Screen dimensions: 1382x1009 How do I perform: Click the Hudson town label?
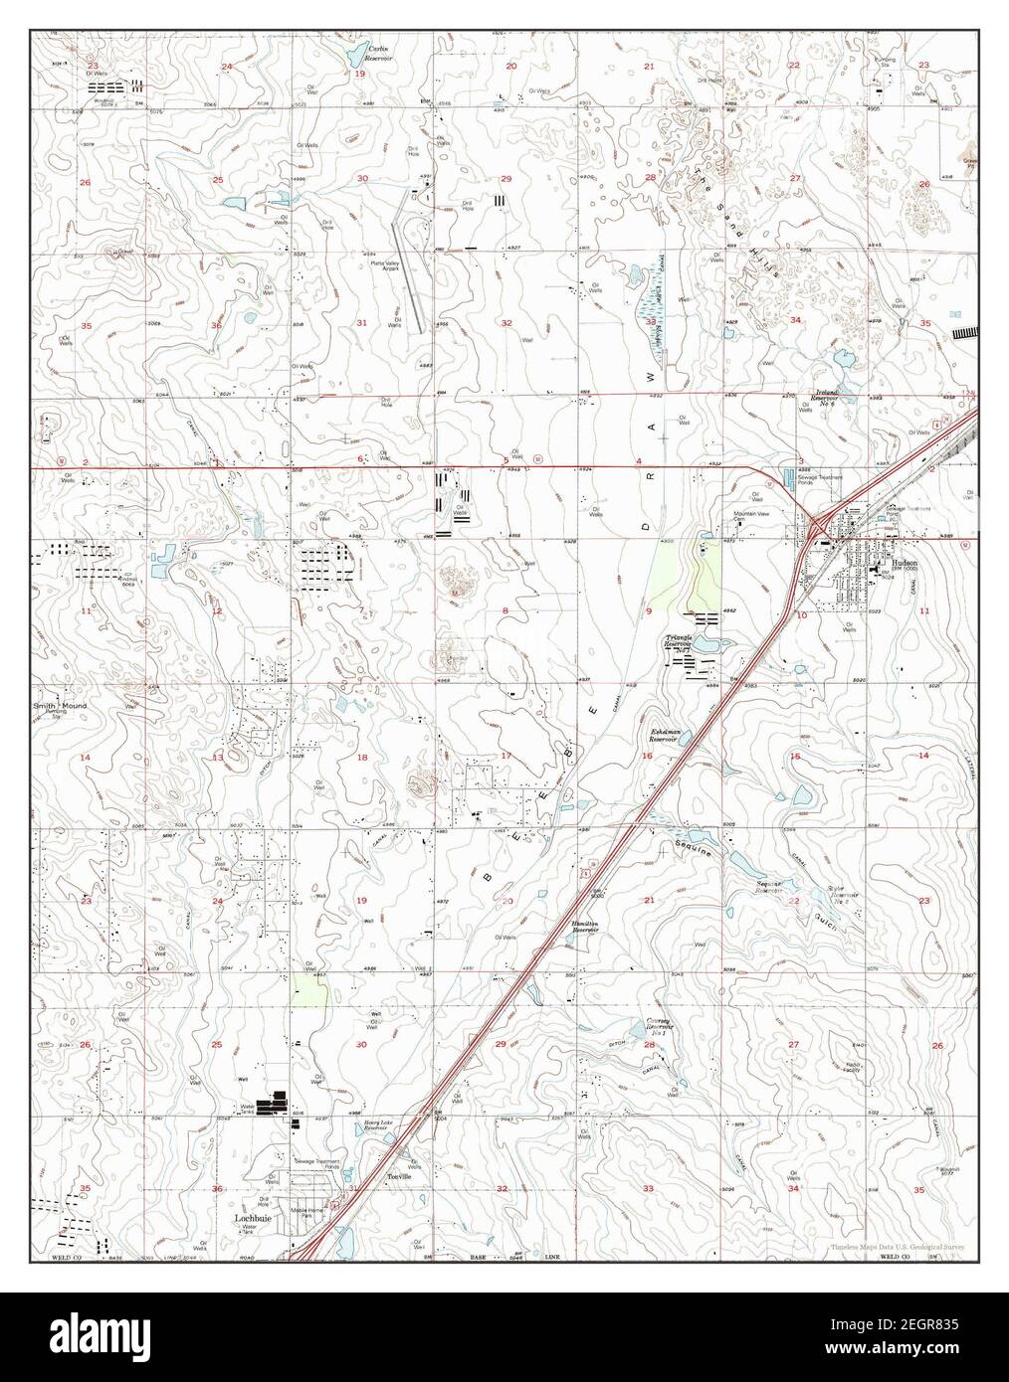tap(905, 562)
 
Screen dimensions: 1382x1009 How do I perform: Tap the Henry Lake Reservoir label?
tap(374, 1124)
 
